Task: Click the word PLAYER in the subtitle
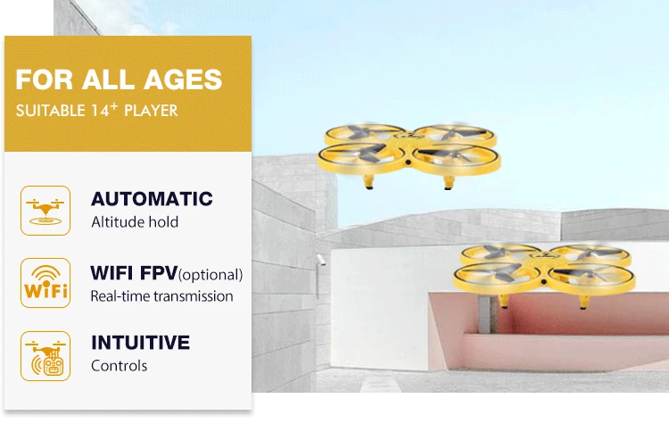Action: click(151, 112)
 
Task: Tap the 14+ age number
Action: click(109, 111)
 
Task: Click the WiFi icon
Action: click(45, 282)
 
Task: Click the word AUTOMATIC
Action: click(152, 199)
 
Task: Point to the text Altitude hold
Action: click(135, 222)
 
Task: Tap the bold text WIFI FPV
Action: click(134, 272)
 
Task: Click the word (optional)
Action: click(211, 274)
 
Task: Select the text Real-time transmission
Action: click(161, 295)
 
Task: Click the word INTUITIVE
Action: click(140, 343)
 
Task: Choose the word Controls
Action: click(120, 365)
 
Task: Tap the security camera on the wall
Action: click(319, 259)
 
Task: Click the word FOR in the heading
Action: click(45, 79)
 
